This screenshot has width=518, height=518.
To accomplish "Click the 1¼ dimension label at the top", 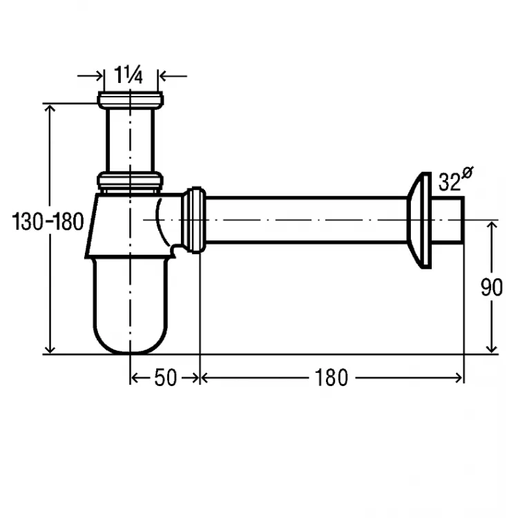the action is [128, 75].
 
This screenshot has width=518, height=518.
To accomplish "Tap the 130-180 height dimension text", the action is [48, 222].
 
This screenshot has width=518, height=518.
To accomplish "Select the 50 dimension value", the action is [166, 378].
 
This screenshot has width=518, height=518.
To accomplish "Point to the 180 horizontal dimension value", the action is [331, 378].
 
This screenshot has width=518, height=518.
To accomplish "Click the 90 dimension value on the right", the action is [492, 287].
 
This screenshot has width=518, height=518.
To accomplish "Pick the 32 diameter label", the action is [450, 182].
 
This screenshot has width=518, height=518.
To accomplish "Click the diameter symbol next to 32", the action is [468, 173].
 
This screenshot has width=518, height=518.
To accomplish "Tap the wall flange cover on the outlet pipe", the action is [419, 220].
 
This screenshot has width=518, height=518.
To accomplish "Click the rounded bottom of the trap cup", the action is [131, 340].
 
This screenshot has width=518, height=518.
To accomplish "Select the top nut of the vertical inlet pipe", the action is [131, 100].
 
